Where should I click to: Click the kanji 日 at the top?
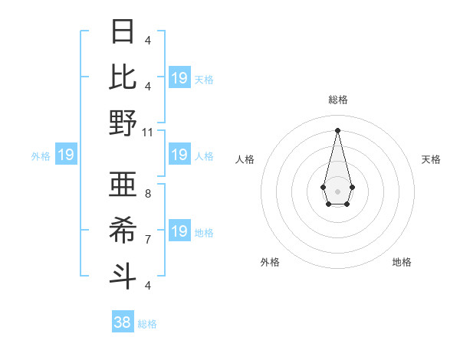[123, 32]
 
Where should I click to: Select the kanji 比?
[123, 77]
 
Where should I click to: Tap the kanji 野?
[123, 123]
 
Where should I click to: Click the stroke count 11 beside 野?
[149, 132]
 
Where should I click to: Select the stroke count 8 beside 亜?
[148, 194]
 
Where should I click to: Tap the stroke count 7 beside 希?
[148, 240]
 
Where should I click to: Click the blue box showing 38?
[123, 322]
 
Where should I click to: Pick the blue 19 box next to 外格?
[65, 155]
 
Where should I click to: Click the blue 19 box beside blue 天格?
[179, 78]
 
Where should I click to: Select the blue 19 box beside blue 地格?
[179, 231]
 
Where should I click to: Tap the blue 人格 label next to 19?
[204, 156]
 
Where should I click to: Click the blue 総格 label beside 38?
[147, 324]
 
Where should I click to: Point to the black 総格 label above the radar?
[337, 100]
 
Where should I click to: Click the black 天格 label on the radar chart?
[431, 159]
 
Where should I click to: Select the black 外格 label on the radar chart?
[270, 262]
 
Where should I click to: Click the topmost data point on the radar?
[337, 129]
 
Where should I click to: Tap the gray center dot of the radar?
[337, 190]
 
